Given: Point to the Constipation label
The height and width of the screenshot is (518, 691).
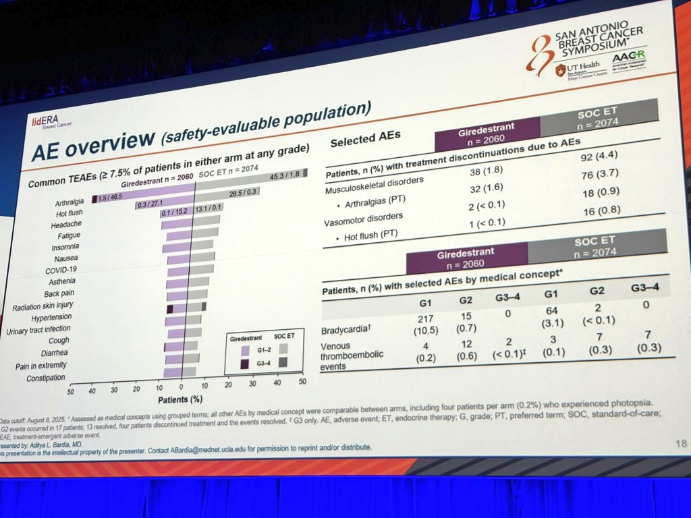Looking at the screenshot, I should click(x=45, y=378).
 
